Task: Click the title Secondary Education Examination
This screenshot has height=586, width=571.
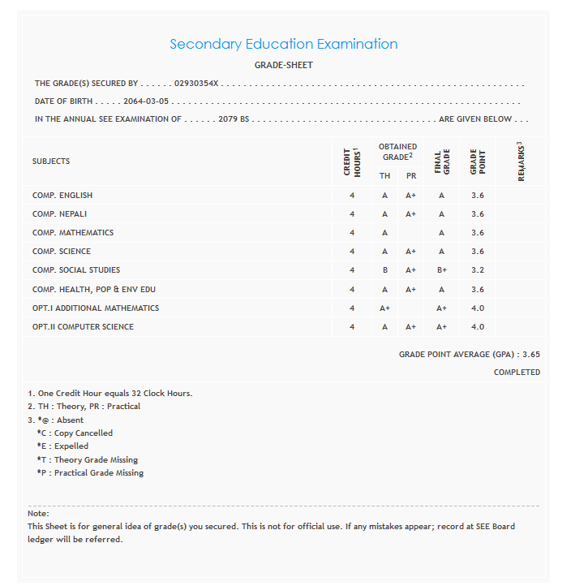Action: (283, 44)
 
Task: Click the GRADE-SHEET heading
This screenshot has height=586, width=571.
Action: (283, 65)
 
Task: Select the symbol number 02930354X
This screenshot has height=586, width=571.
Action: (199, 83)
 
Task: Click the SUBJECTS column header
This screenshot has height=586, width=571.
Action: (51, 161)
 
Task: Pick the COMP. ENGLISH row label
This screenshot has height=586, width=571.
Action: (62, 195)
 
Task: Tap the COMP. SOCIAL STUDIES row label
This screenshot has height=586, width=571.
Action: (76, 270)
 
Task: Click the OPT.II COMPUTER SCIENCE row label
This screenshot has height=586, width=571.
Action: (83, 327)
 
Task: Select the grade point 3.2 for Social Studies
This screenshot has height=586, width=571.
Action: (477, 270)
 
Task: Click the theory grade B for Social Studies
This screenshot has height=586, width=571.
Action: (384, 270)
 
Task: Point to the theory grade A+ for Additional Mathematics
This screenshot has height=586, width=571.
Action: (384, 308)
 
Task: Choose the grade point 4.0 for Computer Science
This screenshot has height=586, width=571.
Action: (477, 327)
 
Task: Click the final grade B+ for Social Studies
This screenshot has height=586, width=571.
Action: (441, 270)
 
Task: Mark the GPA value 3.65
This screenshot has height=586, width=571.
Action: (531, 355)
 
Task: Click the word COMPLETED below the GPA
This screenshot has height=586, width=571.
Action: (517, 373)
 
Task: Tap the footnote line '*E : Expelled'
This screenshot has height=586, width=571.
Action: (62, 446)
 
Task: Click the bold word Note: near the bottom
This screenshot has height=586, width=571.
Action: (38, 514)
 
